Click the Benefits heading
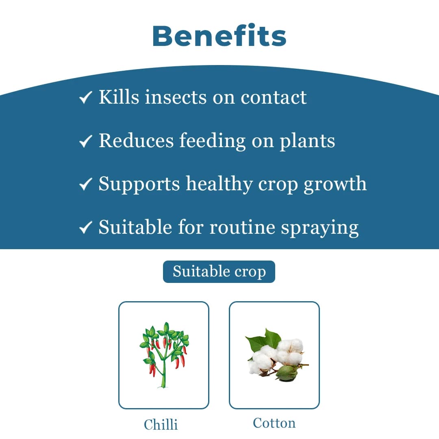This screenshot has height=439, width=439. tap(219, 37)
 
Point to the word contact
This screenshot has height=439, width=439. tap(274, 98)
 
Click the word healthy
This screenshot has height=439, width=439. tap(219, 184)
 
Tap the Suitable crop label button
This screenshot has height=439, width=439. tap(219, 272)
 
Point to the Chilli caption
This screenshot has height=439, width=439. tap(161, 425)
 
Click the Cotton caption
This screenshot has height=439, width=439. tap(274, 423)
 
